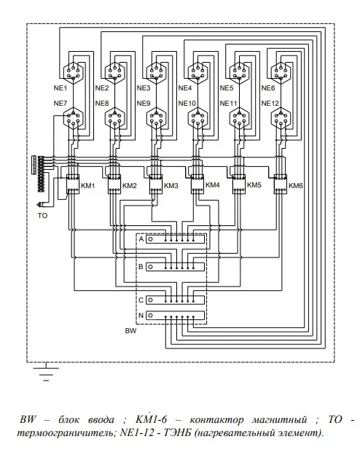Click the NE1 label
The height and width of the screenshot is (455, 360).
(60, 88)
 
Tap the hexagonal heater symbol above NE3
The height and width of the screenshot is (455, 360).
(156, 73)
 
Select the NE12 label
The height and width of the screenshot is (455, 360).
(270, 103)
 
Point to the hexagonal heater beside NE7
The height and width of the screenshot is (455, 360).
(73, 118)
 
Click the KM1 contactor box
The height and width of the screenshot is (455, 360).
(73, 184)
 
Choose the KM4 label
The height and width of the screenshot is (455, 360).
(212, 185)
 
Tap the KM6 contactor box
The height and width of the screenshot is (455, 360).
(281, 184)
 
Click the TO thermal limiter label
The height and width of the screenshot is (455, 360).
(42, 216)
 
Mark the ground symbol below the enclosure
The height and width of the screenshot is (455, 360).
(46, 371)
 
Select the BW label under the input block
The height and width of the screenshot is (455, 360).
(130, 330)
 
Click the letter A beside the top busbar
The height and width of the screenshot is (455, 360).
(141, 239)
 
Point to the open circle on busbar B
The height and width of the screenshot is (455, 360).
(150, 267)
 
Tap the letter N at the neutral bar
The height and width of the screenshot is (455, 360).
(141, 316)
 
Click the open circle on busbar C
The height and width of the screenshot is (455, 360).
(150, 300)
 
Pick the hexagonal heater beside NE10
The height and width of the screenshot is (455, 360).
(197, 118)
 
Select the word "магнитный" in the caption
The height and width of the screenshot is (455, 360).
(279, 420)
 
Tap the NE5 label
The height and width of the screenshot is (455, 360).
(226, 88)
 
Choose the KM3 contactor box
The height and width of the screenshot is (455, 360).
(156, 184)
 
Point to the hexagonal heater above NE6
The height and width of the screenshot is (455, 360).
(281, 73)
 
